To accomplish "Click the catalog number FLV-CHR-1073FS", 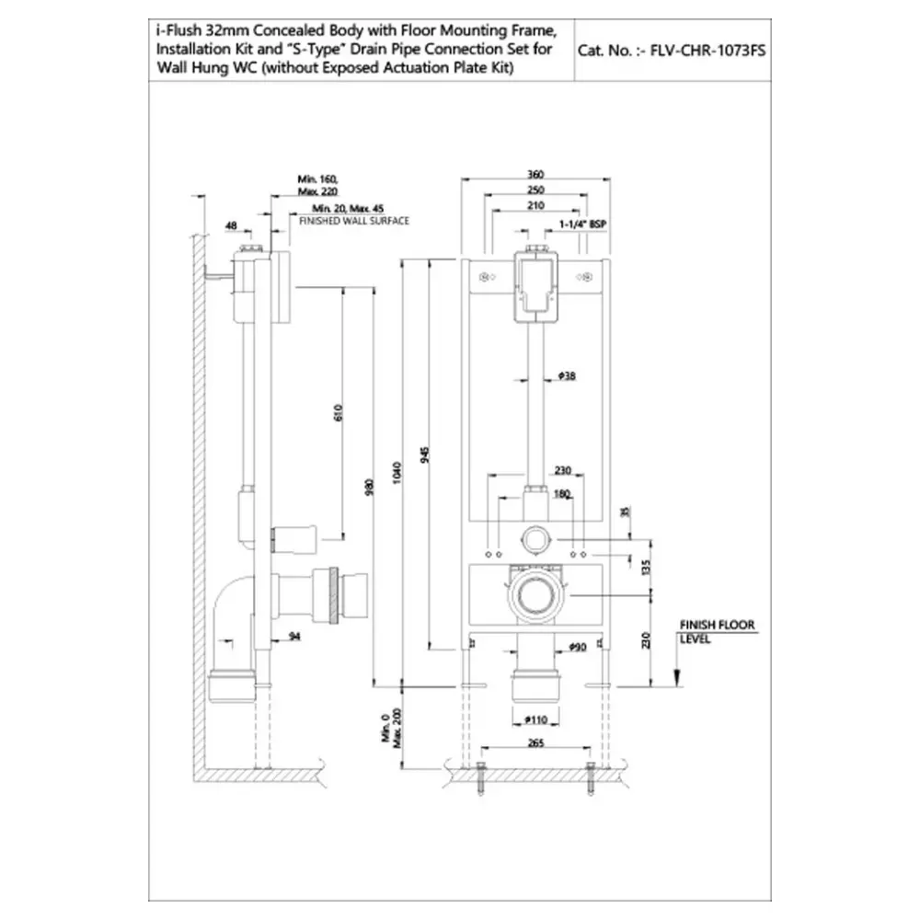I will pyautogui.click(x=671, y=52).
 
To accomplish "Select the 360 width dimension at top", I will pyautogui.click(x=536, y=174).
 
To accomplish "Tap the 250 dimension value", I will pyautogui.click(x=536, y=190).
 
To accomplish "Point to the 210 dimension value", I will pyautogui.click(x=536, y=205).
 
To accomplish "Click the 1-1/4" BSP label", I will pyautogui.click(x=585, y=224).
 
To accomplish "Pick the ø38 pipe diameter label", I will pyautogui.click(x=567, y=374).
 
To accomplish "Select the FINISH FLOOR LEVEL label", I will pyautogui.click(x=716, y=631).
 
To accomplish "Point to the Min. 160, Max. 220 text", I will pyautogui.click(x=317, y=184).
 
